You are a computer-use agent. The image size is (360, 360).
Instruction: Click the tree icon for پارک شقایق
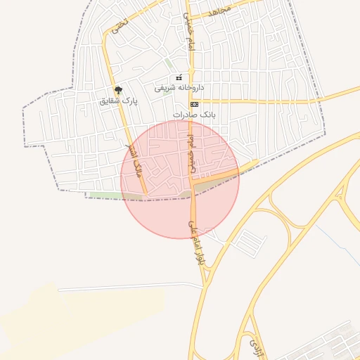[118, 90]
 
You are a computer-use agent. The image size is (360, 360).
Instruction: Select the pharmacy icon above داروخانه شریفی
[179, 77]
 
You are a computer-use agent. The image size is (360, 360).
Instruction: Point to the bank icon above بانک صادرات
[194, 104]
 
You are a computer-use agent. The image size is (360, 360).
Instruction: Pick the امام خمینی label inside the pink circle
[191, 155]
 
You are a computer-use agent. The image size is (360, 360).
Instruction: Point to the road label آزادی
[253, 344]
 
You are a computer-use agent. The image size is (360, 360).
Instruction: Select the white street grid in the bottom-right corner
[337, 345]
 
